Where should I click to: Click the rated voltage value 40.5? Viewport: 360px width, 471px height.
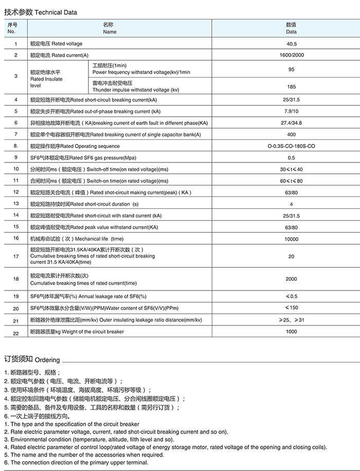291,44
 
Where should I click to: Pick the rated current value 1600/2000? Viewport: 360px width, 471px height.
291,55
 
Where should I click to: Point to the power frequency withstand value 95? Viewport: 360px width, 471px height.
291,69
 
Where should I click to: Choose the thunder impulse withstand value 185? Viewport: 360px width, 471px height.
291,86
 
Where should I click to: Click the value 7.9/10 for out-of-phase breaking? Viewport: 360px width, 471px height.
291,111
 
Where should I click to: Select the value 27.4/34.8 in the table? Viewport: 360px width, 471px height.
291,123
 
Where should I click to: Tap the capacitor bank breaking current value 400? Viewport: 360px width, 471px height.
291,135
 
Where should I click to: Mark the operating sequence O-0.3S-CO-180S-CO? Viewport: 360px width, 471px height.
291,146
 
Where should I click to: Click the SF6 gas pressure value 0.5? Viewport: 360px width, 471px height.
291,158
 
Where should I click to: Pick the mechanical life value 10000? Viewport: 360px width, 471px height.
291,239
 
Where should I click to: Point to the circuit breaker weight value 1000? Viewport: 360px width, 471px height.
291,332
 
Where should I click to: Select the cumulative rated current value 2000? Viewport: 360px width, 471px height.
291,279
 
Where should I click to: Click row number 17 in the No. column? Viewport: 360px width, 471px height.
16,256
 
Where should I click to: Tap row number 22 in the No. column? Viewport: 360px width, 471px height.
16,333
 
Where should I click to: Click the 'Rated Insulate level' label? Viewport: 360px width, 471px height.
46,79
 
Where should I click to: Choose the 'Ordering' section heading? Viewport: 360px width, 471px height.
32,359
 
